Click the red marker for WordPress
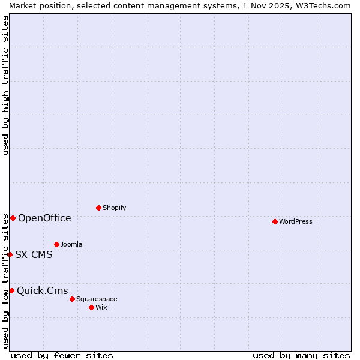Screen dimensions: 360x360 [x=275, y=221]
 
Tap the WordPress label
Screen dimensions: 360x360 [x=296, y=221]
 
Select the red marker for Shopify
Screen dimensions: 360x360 [x=98, y=208]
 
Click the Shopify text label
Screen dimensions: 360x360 [x=114, y=208]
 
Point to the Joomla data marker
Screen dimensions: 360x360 [x=56, y=244]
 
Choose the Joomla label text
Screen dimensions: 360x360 [x=71, y=244]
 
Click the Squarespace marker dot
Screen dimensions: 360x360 [x=72, y=299]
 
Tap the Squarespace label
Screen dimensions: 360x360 [x=97, y=299]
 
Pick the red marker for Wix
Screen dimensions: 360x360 [x=91, y=307]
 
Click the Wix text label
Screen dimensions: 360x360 [x=101, y=307]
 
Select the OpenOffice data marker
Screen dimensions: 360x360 [x=13, y=218]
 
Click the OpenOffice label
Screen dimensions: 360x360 [x=44, y=218]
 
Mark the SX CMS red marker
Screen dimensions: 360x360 [x=10, y=254]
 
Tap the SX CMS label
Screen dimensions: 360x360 [x=34, y=254]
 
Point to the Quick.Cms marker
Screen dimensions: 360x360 [x=11, y=290]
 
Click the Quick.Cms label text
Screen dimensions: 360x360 [x=43, y=291]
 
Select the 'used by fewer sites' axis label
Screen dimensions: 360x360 [x=62, y=355]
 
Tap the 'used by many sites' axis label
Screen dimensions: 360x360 [x=301, y=355]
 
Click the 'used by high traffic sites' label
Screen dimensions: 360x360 [x=5, y=85]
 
